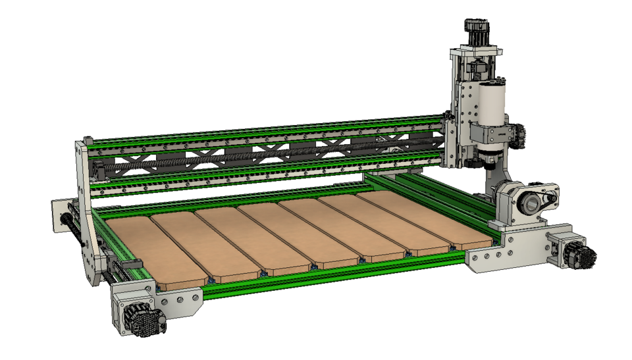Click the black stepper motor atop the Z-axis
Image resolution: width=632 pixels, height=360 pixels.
tap(477, 29)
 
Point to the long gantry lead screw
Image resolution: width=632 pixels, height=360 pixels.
tap(263, 155)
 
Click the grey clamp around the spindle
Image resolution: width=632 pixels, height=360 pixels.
tap(494, 136)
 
